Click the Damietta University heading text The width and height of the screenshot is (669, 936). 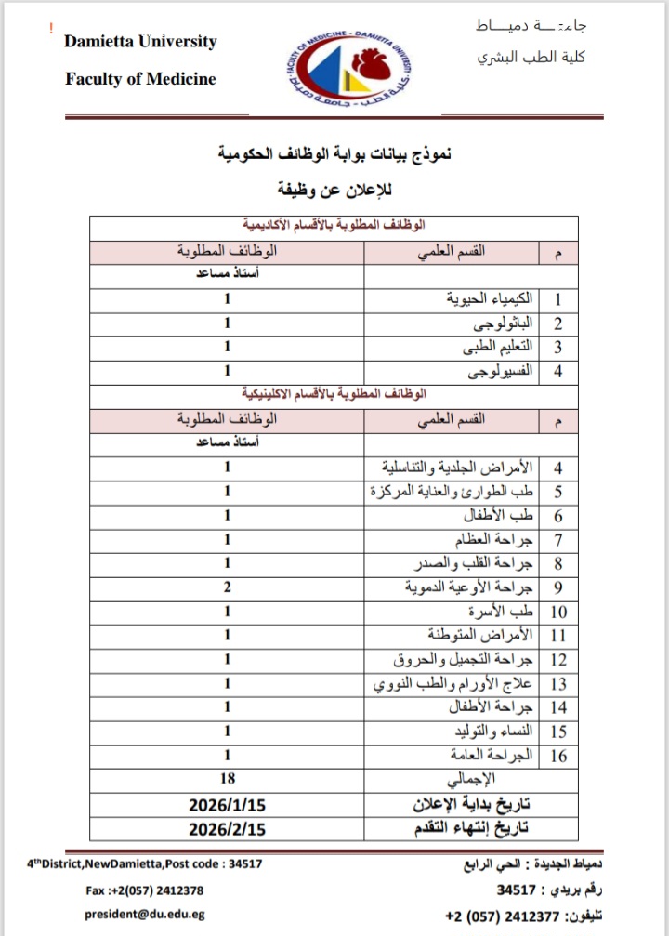(x=140, y=42)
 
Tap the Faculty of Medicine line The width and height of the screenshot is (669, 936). (x=140, y=79)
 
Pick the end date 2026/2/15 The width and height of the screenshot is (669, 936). (x=227, y=827)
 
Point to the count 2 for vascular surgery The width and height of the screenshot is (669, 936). (x=227, y=587)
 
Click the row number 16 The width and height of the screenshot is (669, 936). (x=558, y=755)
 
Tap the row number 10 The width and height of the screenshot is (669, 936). (x=558, y=612)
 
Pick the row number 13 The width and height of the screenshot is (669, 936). (x=558, y=683)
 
